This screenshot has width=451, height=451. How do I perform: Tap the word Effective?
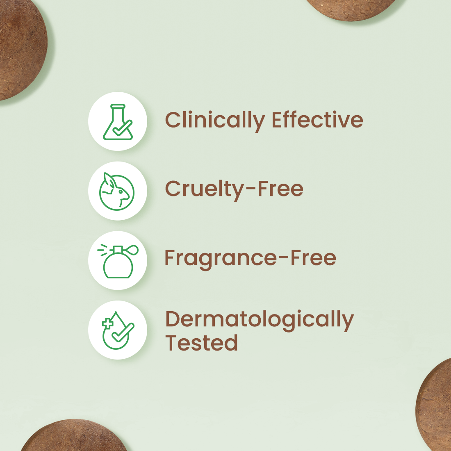[x=317, y=119]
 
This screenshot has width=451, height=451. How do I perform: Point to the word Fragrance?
[x=221, y=259]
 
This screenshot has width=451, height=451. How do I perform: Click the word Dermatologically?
[x=260, y=321]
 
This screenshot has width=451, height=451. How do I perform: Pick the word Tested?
[x=201, y=343]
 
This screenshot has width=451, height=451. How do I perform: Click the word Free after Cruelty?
[x=280, y=189]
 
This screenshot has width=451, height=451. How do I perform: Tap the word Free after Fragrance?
[x=313, y=258]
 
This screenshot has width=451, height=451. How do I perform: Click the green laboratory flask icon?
[x=118, y=122]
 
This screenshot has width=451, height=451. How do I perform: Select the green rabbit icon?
[x=117, y=191]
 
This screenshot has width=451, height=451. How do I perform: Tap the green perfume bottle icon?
[x=118, y=261]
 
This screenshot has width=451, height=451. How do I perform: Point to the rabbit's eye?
[x=121, y=191]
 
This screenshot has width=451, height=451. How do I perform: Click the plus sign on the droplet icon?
[x=107, y=323]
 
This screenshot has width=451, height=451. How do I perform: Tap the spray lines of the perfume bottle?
[x=102, y=250]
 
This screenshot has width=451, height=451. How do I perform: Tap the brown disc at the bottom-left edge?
[x=74, y=436]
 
